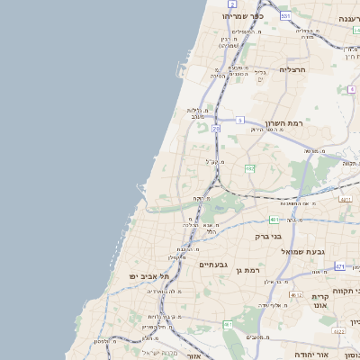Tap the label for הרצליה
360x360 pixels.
click(x=293, y=68)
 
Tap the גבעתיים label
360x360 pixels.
click(x=217, y=264)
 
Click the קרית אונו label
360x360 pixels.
click(x=321, y=301)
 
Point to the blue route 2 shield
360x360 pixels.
click(x=232, y=4)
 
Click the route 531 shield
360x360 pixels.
click(x=285, y=15)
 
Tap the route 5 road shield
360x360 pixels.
click(x=240, y=120)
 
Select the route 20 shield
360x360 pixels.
click(x=216, y=129)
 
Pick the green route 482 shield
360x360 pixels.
click(x=249, y=167)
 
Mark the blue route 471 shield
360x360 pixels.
click(x=339, y=266)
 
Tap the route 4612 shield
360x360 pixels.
click(x=296, y=294)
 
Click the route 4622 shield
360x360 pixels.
click(x=338, y=331)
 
